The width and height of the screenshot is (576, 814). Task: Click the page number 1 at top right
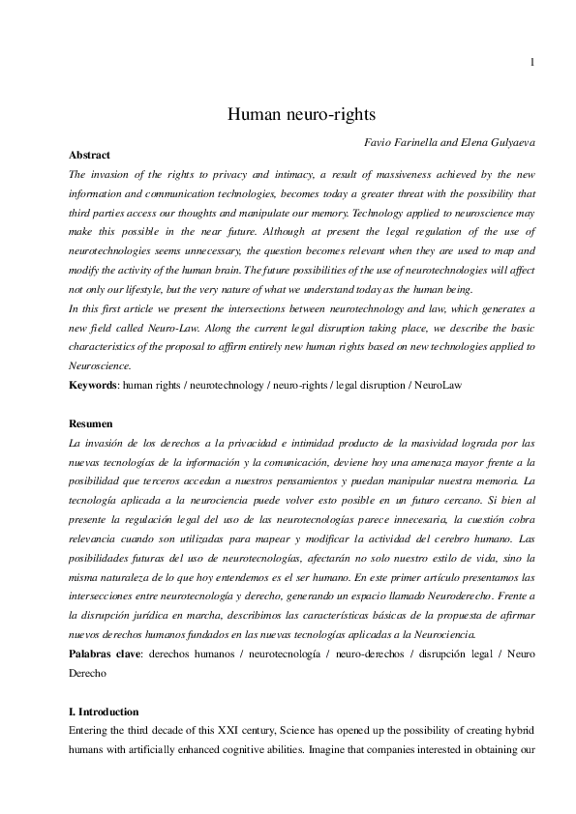pyautogui.click(x=532, y=64)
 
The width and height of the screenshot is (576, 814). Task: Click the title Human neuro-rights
pyautogui.click(x=288, y=115)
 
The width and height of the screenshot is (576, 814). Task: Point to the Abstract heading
pyautogui.click(x=90, y=156)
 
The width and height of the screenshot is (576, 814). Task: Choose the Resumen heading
pyautogui.click(x=91, y=423)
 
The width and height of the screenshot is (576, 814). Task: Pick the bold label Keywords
pyautogui.click(x=93, y=386)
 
